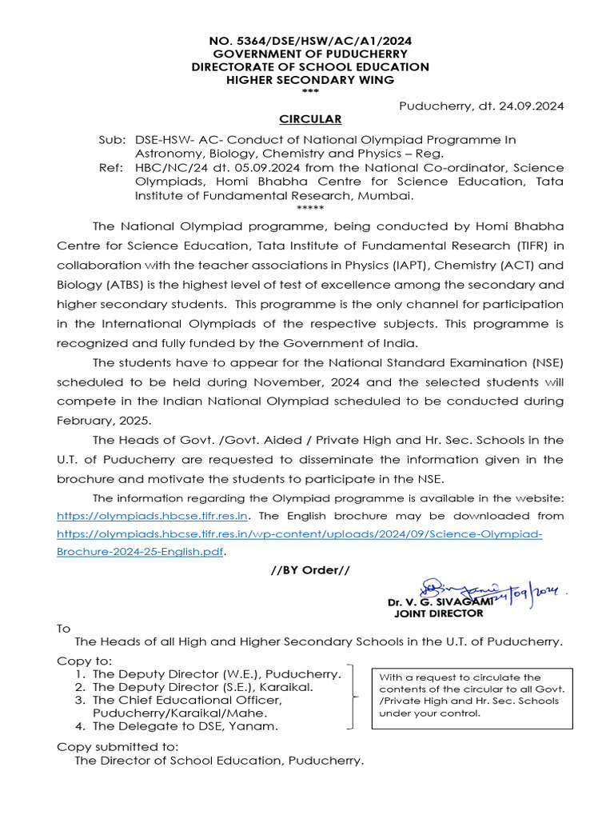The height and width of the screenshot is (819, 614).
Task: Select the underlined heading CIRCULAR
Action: [309, 119]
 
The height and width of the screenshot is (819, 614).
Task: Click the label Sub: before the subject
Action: [112, 139]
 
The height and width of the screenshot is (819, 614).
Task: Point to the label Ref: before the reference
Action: [112, 167]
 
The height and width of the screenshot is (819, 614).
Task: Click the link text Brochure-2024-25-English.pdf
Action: [140, 552]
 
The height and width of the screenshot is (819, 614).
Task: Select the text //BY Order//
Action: [309, 569]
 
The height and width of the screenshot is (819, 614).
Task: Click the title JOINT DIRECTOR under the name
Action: [438, 613]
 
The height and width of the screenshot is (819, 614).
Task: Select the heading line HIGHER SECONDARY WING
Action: [309, 79]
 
